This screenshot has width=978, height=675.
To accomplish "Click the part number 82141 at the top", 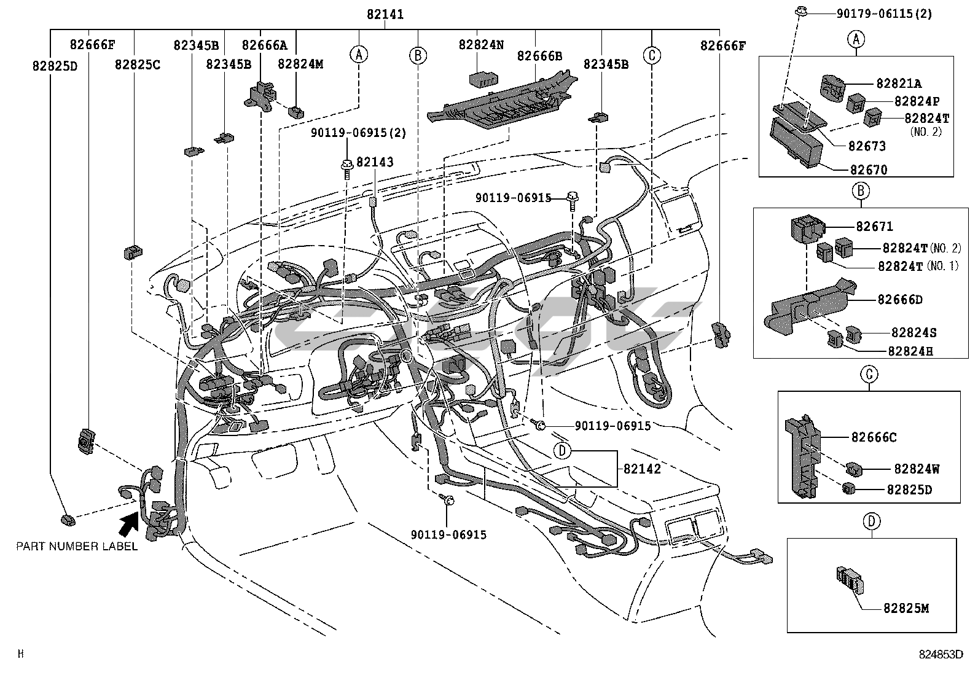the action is [385, 14].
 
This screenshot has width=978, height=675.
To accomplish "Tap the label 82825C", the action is [138, 64].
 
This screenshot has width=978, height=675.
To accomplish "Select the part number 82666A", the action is [265, 45].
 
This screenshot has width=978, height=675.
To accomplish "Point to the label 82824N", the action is [481, 45].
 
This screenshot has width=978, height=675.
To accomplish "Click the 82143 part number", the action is [375, 162].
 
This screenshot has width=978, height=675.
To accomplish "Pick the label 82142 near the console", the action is [642, 469].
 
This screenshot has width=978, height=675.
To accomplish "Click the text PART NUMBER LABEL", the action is [77, 546].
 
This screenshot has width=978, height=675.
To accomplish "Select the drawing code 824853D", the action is [941, 654].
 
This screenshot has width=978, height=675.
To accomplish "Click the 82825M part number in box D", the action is [906, 608].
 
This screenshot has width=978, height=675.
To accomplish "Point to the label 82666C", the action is [874, 437].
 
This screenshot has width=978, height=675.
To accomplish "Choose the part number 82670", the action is [869, 170].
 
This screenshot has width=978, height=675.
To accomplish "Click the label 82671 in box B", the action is [875, 226].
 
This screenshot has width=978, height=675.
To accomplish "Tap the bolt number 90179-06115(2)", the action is [884, 14].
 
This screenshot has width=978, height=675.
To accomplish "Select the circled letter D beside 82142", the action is [562, 451].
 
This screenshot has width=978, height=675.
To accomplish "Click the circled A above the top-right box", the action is [856, 39].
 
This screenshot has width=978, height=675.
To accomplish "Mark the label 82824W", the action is [917, 469].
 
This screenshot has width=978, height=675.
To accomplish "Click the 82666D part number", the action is [900, 300].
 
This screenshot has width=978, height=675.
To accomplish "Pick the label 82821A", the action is [899, 83].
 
